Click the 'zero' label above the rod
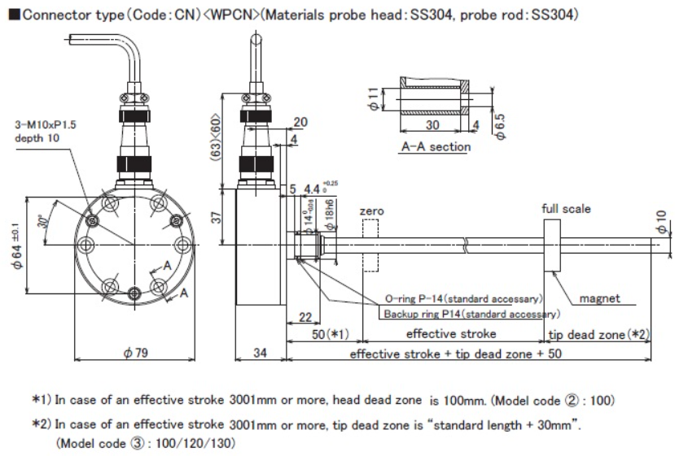[x=371, y=211]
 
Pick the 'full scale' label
[x=567, y=209]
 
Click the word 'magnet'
[x=599, y=298]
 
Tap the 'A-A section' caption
[x=436, y=146]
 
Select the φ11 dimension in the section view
[x=373, y=102]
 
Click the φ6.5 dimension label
[x=501, y=123]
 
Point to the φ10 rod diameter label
[x=661, y=219]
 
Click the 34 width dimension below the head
[x=260, y=354]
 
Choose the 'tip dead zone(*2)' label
[x=598, y=334]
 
